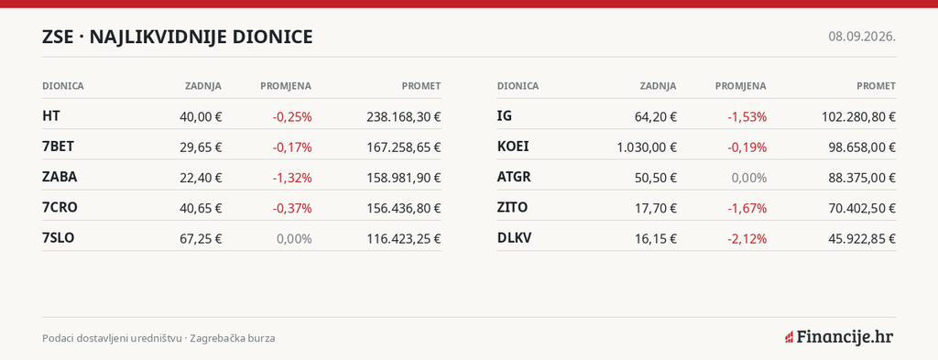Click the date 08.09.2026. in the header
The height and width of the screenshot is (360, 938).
tap(862, 37)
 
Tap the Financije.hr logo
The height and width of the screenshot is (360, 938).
tap(839, 337)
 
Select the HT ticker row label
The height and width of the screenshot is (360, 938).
tap(51, 116)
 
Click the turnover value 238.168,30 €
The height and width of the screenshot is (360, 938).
tap(404, 116)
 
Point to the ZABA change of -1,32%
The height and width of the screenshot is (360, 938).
tap(292, 178)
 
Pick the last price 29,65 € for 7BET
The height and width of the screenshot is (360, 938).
tap(201, 147)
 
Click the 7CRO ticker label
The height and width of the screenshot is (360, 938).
tap(60, 208)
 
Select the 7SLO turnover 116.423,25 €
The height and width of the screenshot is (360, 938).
tap(404, 238)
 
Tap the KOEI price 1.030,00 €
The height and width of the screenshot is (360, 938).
tap(647, 147)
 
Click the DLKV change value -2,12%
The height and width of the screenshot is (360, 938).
tap(747, 238)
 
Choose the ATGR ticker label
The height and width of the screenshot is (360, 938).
tap(514, 177)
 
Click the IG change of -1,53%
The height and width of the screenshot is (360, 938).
tap(747, 116)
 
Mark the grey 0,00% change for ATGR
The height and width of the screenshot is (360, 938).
tap(749, 178)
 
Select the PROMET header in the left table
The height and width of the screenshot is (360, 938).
tap(421, 86)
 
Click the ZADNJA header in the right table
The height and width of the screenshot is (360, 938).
tap(658, 86)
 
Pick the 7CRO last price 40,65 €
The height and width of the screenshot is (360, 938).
tap(201, 208)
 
